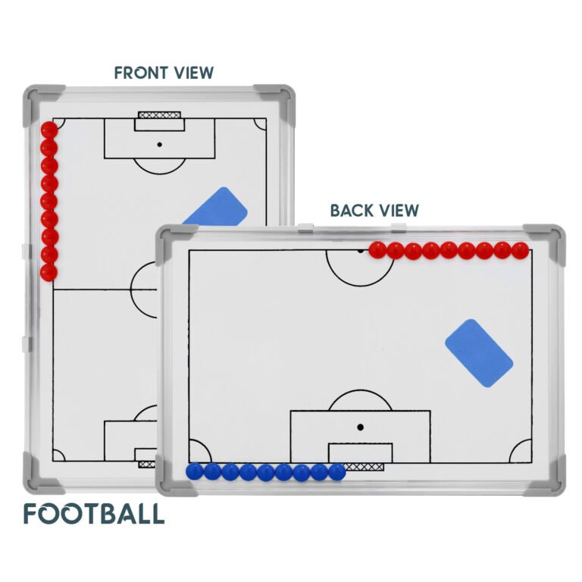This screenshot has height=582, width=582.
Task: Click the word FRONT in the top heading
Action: tap(137, 73)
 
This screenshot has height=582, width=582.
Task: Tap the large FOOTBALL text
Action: tap(94, 514)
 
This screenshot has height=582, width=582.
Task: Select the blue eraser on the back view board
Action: tap(479, 353)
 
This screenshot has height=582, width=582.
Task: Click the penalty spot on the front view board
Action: tap(160, 145)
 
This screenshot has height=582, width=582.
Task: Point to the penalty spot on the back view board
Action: tap(360, 427)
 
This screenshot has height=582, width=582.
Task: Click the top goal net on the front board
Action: tap(160, 114)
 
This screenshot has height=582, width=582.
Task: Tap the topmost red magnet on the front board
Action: tap(49, 130)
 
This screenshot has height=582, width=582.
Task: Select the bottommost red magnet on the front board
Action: tap(49, 272)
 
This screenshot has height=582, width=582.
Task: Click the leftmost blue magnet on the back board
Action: tap(195, 471)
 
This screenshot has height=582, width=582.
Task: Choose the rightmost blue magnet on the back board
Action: tap(337, 472)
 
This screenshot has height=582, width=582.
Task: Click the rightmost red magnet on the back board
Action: tap(520, 251)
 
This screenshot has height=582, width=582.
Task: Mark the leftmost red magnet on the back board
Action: tap(378, 250)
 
